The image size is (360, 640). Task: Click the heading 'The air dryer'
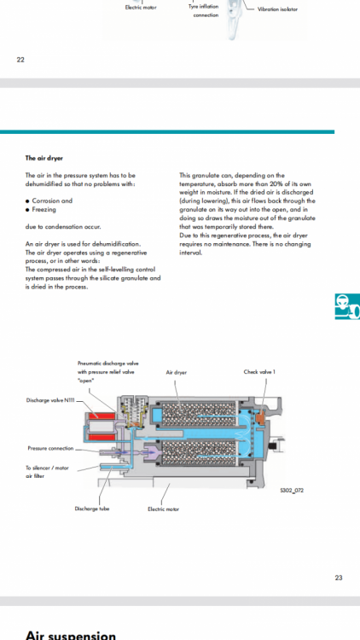point(44,158)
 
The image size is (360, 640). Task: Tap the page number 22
point(20,60)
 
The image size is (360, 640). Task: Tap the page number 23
point(339,578)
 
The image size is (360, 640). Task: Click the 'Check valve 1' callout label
point(259,372)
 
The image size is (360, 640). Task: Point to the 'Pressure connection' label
point(50,448)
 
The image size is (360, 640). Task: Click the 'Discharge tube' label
point(92,509)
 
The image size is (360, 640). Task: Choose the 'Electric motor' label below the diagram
point(163,509)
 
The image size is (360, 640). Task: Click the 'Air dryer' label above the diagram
point(177,372)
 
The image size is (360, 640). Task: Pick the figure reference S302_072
point(292,490)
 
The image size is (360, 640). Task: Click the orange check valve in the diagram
point(260,418)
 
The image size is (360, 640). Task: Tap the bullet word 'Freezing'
point(44,209)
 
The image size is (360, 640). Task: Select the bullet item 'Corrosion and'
point(52,201)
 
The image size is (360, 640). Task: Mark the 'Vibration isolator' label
point(277,9)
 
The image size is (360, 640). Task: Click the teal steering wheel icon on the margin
point(348,306)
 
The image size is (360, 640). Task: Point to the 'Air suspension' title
point(71,635)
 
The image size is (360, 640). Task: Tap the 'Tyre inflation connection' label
point(204,11)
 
